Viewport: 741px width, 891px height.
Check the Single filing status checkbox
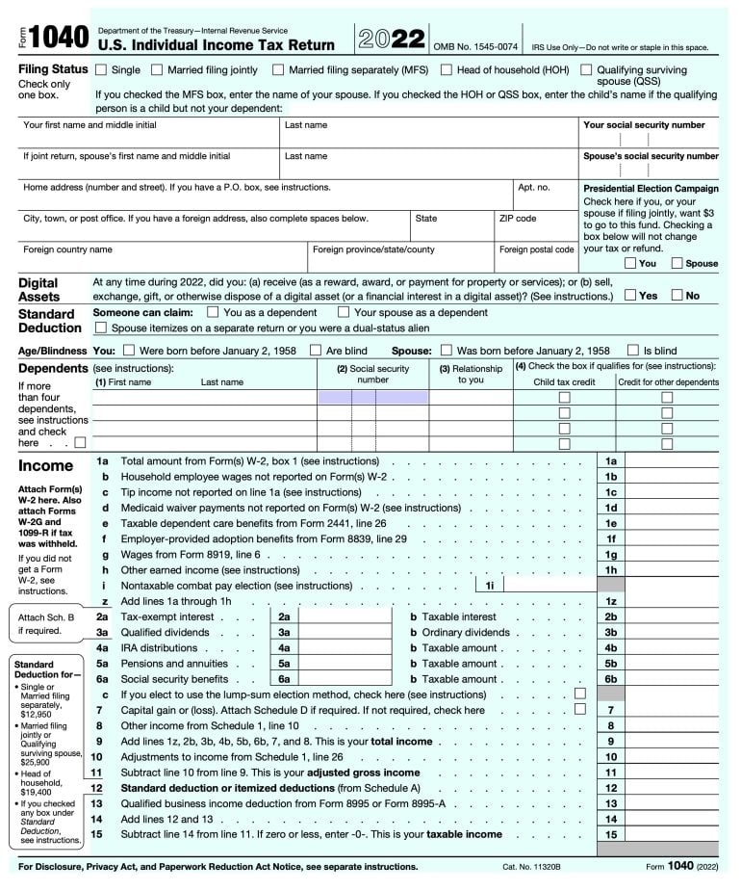[100, 70]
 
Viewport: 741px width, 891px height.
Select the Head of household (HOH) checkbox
[447, 70]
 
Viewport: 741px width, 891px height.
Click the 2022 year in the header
[392, 39]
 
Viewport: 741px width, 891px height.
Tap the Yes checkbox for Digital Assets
[630, 296]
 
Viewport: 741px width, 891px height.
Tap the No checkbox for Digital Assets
[677, 296]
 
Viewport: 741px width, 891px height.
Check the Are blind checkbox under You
[315, 351]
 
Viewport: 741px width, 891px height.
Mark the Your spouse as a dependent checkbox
[344, 312]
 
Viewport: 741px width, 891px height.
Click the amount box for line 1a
[671, 461]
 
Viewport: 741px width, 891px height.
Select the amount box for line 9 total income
[671, 742]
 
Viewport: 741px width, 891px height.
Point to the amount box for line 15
[671, 834]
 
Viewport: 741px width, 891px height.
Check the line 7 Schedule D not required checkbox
[579, 710]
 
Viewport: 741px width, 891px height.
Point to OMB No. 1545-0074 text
[475, 46]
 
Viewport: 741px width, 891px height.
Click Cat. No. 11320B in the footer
[531, 867]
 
